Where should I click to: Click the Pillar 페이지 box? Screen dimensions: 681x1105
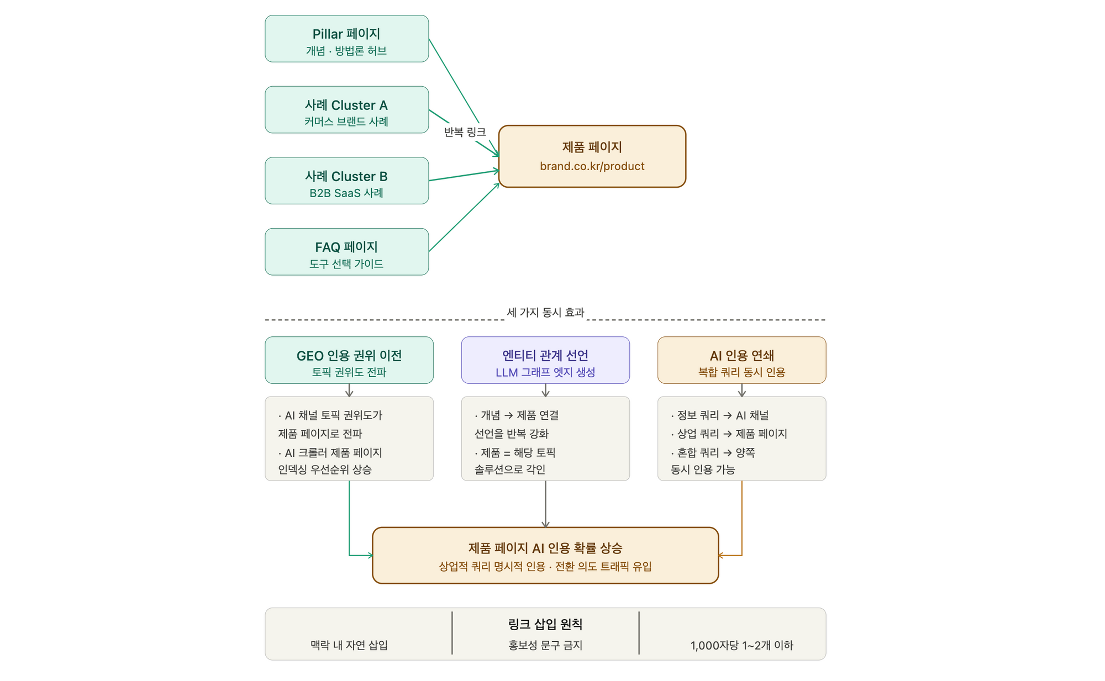(346, 39)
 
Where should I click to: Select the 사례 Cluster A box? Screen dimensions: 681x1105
(346, 109)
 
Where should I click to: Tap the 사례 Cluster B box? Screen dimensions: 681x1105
(346, 181)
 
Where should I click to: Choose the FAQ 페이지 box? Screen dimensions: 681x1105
(346, 252)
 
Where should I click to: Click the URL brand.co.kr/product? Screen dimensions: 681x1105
(592, 166)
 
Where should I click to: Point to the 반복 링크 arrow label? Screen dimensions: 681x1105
(465, 132)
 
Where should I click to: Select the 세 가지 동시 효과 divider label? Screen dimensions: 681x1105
(545, 313)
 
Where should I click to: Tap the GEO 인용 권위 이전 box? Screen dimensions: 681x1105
(349, 360)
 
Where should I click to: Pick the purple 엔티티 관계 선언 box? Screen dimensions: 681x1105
(545, 360)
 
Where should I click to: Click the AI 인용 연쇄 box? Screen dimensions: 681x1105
(741, 360)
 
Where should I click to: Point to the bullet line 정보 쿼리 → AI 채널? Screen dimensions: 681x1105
(720, 415)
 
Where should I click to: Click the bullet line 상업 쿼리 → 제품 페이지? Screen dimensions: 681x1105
(729, 434)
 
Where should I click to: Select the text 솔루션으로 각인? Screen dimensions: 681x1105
(510, 469)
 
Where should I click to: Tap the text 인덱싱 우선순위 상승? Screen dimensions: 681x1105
(325, 469)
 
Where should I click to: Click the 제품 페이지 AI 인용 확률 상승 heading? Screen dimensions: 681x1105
(545, 548)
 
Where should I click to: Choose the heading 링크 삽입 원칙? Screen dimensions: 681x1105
(545, 624)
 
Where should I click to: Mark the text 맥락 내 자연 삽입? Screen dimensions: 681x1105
(349, 645)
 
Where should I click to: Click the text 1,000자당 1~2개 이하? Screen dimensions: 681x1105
(741, 645)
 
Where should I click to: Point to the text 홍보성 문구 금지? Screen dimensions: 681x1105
(545, 645)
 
